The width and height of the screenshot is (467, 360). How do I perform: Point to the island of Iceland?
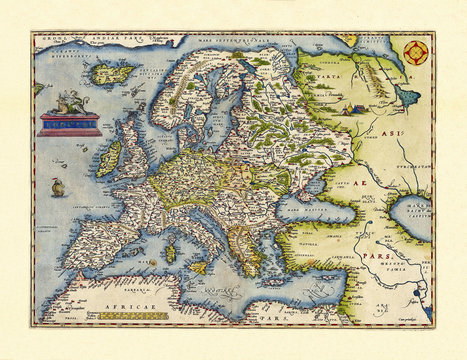pos(111,72)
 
